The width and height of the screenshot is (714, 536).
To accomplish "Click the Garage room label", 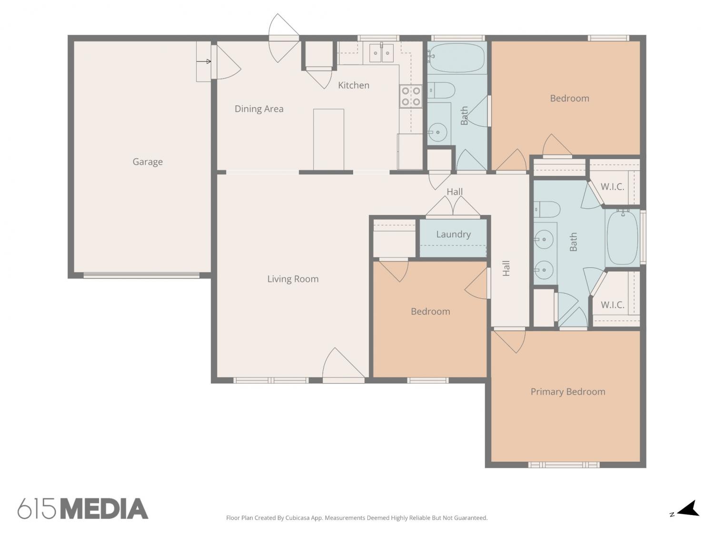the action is click(148, 162).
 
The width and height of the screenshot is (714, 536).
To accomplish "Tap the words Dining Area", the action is click(259, 109).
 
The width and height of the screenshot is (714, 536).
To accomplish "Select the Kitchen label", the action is click(354, 85).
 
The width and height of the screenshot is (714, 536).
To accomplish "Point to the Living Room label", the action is click(293, 279).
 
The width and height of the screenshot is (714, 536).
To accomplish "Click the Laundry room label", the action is click(454, 234).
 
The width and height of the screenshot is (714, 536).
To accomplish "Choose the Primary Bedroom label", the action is click(568, 392).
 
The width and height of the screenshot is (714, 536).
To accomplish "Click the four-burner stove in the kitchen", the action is click(411, 96).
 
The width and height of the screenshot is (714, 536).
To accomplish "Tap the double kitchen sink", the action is click(381, 53).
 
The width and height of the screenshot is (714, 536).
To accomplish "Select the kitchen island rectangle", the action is click(328, 139).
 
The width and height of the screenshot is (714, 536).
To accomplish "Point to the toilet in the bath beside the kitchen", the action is click(441, 90).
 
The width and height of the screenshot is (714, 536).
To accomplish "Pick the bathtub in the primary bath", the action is click(623, 238).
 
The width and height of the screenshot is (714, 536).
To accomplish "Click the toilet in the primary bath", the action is click(546, 209).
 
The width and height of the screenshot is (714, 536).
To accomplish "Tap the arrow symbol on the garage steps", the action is click(204, 61).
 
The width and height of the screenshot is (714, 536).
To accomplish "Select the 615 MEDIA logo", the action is click(83, 508).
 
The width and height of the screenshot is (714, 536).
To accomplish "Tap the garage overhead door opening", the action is click(141, 275).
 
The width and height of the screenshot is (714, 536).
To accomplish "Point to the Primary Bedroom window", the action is click(564, 465).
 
